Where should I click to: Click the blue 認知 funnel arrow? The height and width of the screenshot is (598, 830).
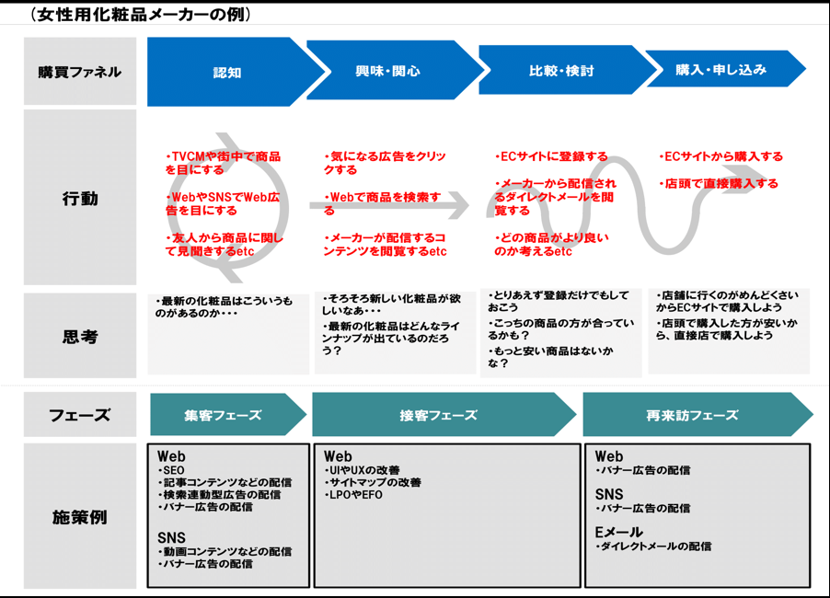point(227,72)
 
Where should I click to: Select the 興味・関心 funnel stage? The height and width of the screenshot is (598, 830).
point(387,71)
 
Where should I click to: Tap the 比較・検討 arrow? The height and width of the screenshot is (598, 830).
point(561,71)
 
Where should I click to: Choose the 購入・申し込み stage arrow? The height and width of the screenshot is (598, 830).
point(720,69)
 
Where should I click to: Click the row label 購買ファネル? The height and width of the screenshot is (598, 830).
point(79,72)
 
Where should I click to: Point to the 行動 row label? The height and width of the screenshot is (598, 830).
point(79,198)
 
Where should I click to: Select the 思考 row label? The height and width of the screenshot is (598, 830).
point(79,337)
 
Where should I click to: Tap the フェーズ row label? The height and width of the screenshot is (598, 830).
point(79,415)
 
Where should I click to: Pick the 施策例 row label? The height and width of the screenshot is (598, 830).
point(79,517)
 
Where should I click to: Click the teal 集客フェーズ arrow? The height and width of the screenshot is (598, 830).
point(223,415)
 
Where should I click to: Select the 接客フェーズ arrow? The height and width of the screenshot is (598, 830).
point(438,415)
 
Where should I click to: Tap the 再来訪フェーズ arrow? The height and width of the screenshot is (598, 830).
point(692,415)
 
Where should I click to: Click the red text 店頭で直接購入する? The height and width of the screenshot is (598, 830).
point(720,184)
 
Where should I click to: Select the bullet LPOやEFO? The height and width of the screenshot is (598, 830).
point(354,495)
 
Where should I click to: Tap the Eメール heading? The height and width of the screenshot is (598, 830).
point(618,532)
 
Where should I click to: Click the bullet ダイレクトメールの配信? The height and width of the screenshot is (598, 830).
point(655,546)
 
